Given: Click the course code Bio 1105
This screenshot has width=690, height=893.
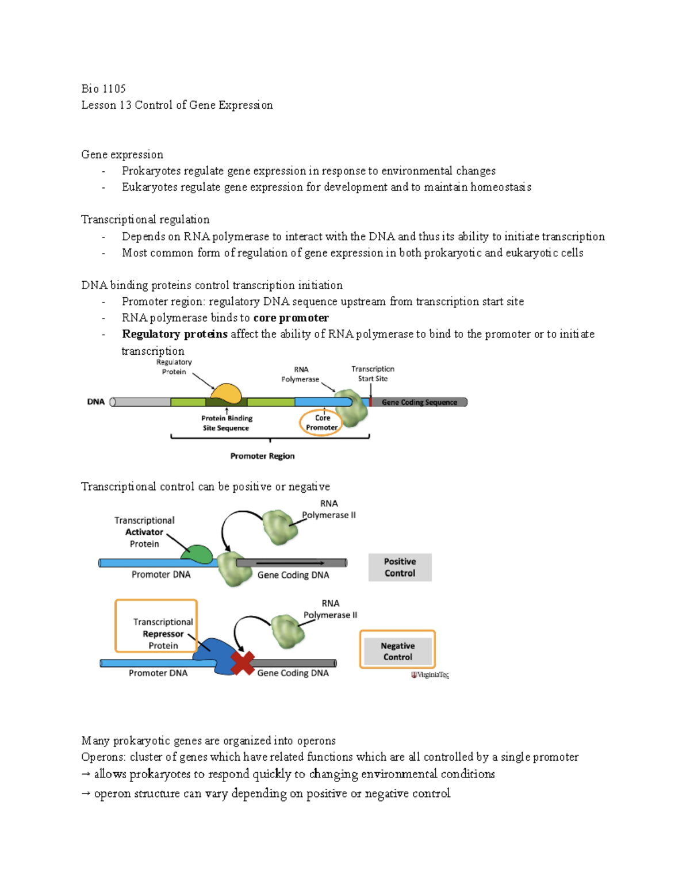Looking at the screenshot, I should point(103,89).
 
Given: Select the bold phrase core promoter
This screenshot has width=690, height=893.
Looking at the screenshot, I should point(291,318).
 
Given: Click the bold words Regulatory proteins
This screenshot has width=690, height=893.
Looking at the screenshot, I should point(174,334).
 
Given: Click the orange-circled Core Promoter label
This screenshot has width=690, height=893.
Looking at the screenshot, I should point(321,423).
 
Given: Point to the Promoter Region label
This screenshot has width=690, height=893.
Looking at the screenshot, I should point(262,456).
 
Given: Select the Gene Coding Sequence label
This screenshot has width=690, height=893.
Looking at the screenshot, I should point(419,403).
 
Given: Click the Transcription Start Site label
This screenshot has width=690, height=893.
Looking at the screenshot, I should point(373,374).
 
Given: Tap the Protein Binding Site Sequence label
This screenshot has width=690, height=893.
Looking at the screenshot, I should point(226,423).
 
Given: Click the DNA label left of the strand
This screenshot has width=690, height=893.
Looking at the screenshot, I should point(95,402).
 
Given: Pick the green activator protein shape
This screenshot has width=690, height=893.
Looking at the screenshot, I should point(197,554).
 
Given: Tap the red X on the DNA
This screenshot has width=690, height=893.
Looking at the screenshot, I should point(243,663).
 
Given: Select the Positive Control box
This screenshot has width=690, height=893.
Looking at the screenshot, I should point(400,568).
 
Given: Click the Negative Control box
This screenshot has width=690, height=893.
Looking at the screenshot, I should point(397,651).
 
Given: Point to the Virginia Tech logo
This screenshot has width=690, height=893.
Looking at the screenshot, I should point(430,675).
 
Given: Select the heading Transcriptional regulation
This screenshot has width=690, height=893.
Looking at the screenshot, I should point(145,220).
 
